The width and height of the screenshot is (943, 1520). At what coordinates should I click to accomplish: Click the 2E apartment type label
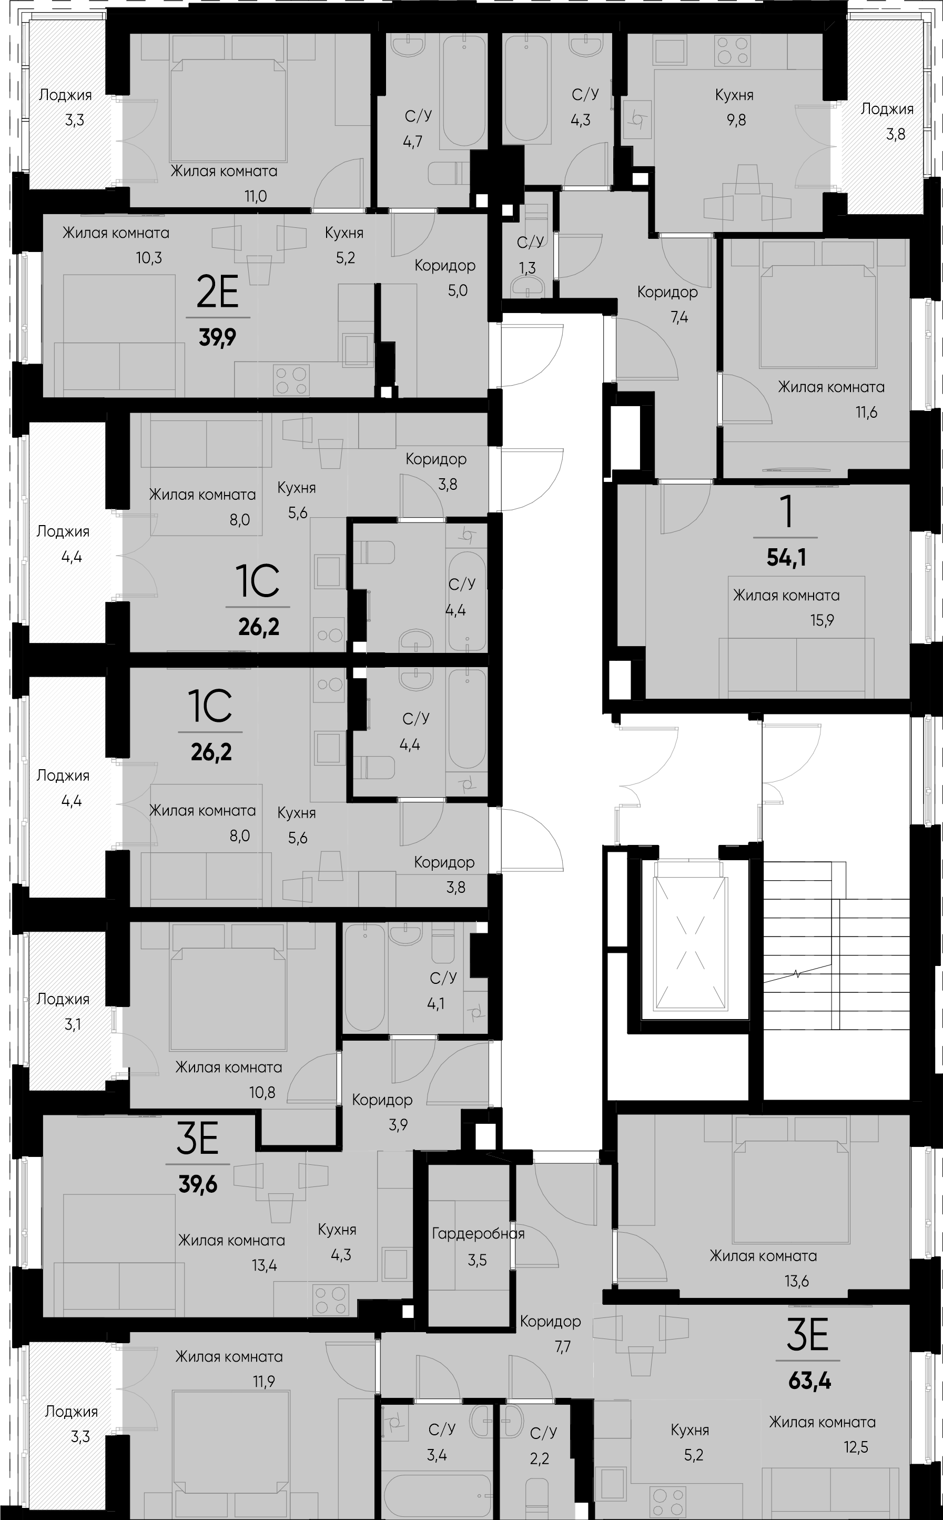217,293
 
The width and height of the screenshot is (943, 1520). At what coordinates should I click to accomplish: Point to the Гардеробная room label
478,1234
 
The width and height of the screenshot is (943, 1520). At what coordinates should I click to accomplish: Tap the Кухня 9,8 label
734,107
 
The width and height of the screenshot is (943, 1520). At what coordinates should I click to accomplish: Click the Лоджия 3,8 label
887,121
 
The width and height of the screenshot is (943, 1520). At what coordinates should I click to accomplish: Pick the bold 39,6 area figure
198,1184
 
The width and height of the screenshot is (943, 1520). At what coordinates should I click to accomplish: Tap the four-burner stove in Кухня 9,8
732,51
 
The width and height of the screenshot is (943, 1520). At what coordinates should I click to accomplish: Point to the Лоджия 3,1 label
63,1011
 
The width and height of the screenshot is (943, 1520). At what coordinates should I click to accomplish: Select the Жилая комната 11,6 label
831,399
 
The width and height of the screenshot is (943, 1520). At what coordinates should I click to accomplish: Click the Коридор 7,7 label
550,1334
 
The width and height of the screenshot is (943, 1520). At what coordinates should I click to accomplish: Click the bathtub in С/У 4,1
365,978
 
